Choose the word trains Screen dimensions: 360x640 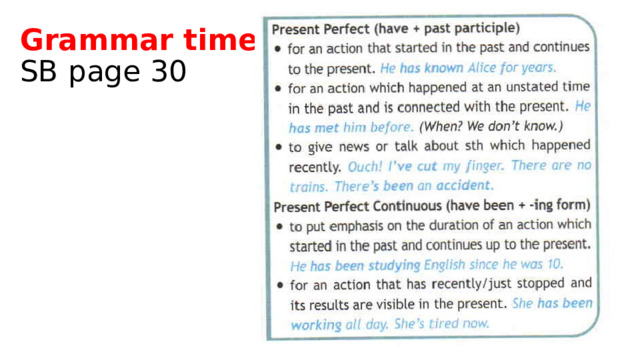tap(309, 185)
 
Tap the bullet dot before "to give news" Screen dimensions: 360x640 tap(277, 147)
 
